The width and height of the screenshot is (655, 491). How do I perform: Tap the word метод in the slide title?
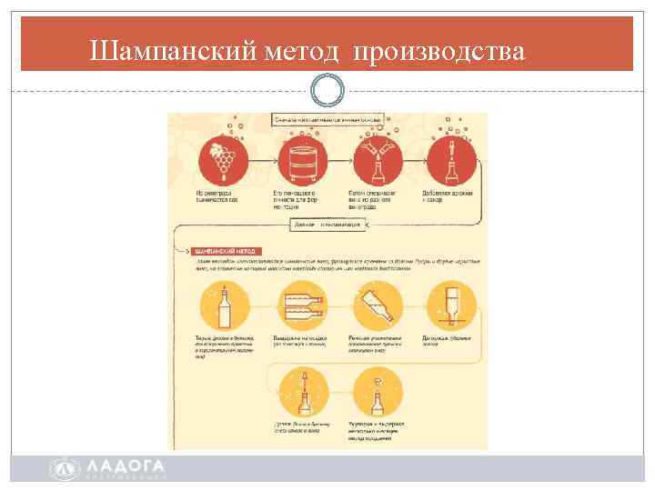(302, 52)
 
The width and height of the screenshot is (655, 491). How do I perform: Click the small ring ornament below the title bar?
(327, 90)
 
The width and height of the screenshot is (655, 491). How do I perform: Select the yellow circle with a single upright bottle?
(224, 307)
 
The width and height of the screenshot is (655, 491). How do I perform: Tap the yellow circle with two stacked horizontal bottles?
(299, 307)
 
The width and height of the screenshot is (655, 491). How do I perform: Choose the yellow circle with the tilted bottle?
(375, 307)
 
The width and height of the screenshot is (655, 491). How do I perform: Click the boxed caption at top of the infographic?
(328, 118)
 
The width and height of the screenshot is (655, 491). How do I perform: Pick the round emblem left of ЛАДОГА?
(64, 468)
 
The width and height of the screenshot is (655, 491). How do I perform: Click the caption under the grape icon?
(215, 196)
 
